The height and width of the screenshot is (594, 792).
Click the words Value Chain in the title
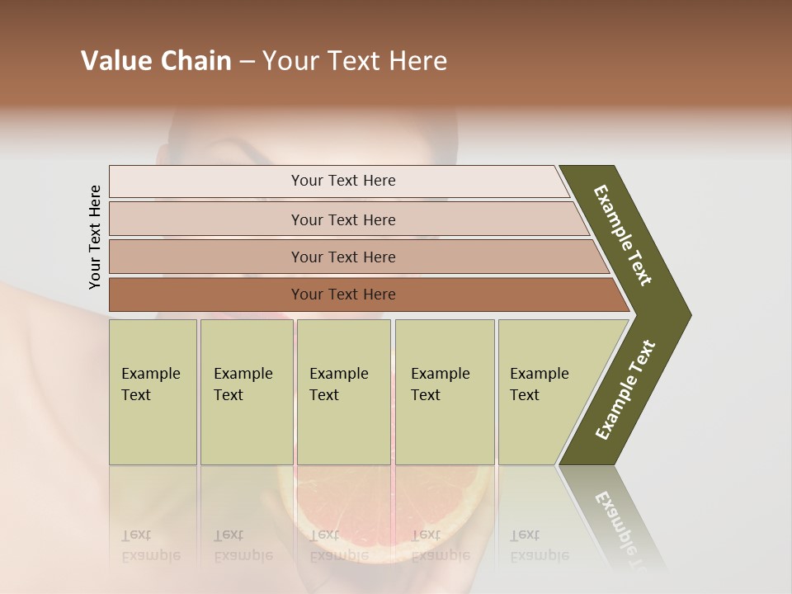coord(156,61)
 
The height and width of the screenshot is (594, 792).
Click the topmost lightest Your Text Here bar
coord(342,181)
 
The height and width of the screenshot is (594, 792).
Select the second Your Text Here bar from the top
coord(342,219)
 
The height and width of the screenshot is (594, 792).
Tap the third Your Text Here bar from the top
coord(342,257)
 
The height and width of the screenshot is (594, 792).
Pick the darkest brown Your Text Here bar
coord(342,295)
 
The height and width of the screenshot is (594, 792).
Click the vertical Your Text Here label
coord(95,237)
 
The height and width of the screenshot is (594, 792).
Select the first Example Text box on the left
coord(153,392)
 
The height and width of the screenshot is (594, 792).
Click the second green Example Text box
coord(246,392)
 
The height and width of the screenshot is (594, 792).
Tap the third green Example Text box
coord(343,392)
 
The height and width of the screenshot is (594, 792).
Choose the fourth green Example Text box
coord(444,392)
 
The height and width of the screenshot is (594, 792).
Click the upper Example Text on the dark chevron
coord(623,235)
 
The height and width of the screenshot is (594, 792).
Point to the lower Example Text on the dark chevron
coord(625,389)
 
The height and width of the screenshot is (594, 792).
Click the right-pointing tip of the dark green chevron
coord(686,315)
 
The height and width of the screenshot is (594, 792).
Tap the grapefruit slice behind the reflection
coord(379,503)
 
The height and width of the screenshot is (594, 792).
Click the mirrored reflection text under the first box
coord(150,545)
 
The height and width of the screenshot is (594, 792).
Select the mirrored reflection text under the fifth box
coord(539,545)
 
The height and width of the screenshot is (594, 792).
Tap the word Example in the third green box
coord(338,374)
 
